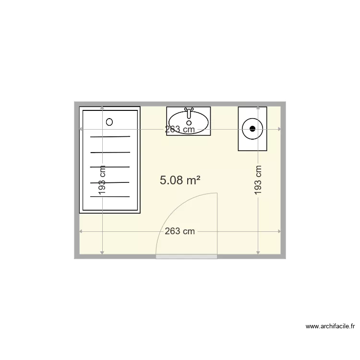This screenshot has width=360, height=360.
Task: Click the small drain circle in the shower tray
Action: click(109, 122)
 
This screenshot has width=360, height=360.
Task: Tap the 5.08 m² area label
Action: click(180, 180)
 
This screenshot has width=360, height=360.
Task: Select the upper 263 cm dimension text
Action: click(180, 129)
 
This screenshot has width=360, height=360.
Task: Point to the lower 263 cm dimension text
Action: click(180, 231)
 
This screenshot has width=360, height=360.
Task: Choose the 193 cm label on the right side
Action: click(258, 180)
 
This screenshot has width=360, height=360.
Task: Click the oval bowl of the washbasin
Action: click(189, 122)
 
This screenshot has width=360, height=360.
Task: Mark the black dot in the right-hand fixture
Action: click(252, 128)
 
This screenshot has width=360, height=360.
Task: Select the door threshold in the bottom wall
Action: click(187, 257)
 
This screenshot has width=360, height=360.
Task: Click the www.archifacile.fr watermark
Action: click(330, 327)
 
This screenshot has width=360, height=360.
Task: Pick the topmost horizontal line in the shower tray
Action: click(110, 137)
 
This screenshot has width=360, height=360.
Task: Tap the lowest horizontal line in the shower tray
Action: click(110, 196)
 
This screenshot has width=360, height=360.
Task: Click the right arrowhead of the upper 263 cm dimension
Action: click(279, 129)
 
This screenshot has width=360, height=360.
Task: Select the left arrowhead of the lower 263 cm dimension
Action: click(81, 231)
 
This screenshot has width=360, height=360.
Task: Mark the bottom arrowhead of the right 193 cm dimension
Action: click(258, 252)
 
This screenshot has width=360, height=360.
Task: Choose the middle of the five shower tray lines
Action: click(110, 167)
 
